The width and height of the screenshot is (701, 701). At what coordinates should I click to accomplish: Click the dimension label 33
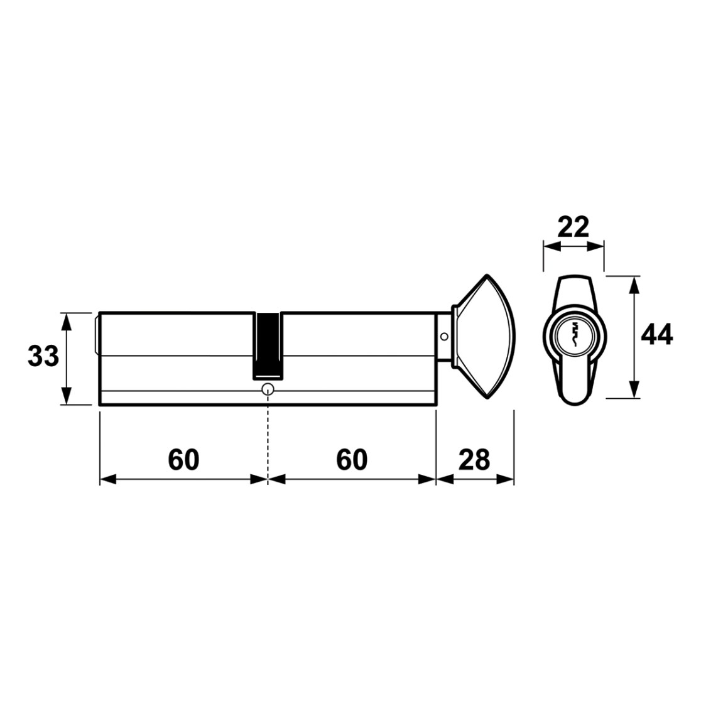click(43, 357)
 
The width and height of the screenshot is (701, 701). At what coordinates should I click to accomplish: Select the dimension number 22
click(573, 227)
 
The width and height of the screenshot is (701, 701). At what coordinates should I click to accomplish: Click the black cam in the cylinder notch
click(268, 345)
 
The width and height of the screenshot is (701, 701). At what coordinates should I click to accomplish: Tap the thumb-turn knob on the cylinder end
click(485, 336)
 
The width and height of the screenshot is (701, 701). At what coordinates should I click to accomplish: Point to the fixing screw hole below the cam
click(268, 388)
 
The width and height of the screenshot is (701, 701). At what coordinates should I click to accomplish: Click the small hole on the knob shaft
click(443, 336)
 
